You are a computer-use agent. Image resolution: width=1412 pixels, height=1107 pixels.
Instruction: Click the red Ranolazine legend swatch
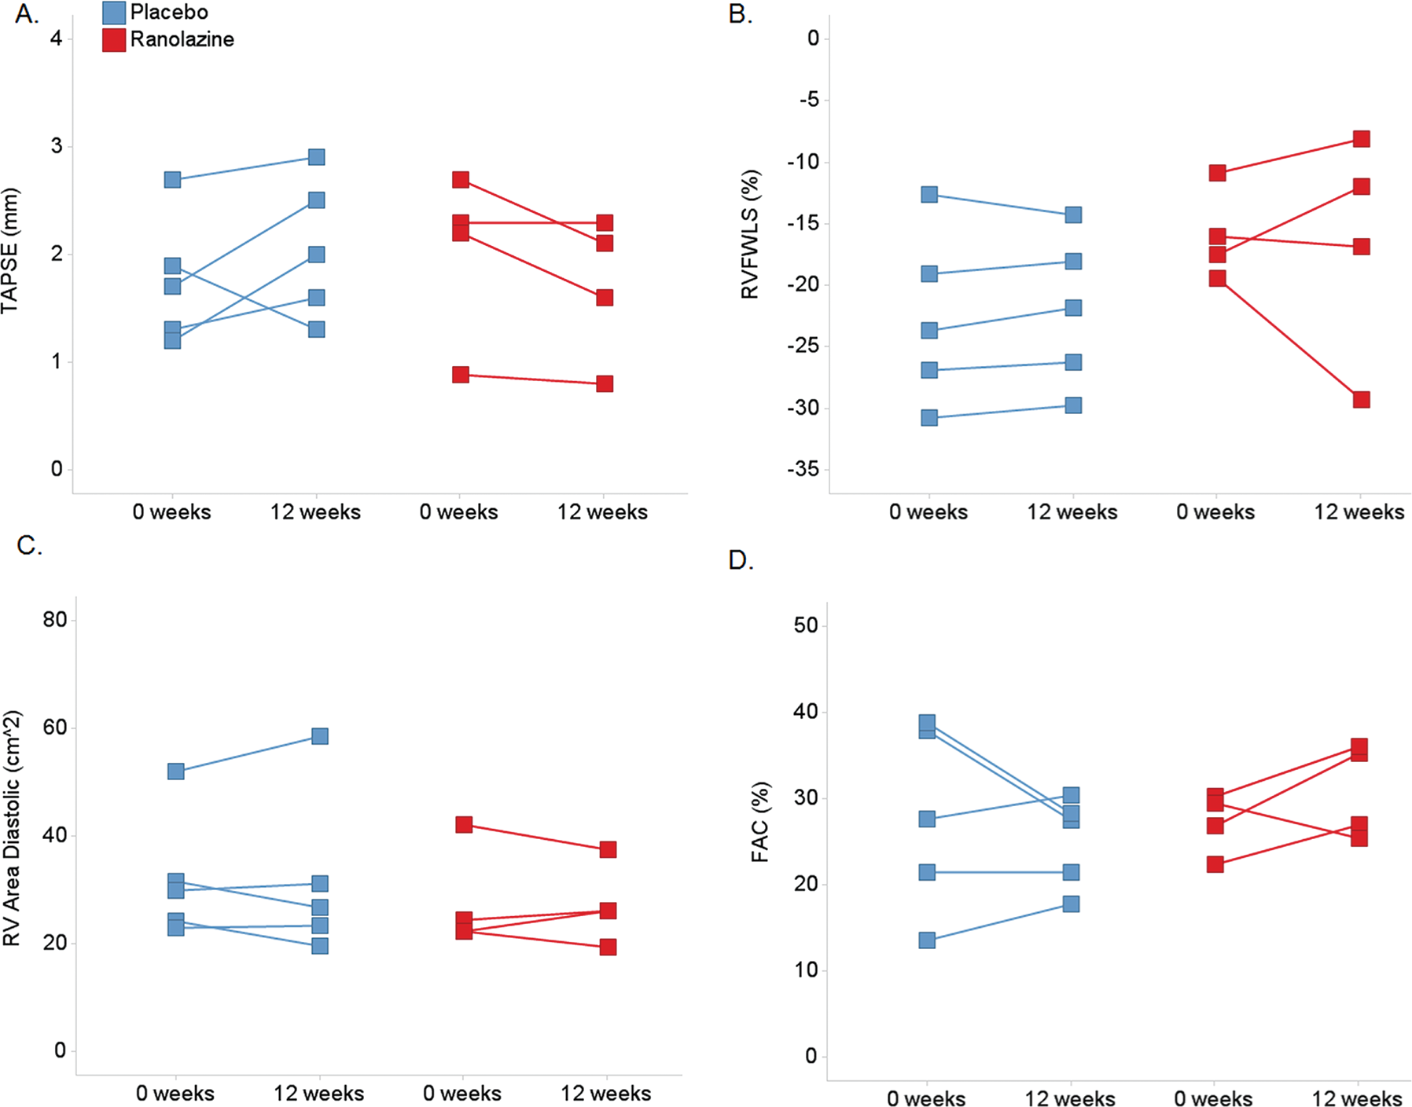coord(114,40)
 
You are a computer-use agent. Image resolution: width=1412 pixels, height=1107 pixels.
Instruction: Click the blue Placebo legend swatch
coord(114,13)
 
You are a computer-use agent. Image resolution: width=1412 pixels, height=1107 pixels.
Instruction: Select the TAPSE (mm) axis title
coord(9,251)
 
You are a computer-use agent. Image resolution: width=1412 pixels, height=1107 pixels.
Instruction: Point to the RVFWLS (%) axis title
coord(750,234)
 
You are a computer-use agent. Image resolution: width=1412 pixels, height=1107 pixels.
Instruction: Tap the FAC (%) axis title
coord(760,822)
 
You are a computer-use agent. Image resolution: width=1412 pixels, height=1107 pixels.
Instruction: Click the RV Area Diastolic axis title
coord(11,829)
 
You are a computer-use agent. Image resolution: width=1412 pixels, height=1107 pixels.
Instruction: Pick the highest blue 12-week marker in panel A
coord(317,157)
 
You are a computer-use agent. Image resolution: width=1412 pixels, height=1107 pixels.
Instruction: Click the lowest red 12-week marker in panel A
coord(605,383)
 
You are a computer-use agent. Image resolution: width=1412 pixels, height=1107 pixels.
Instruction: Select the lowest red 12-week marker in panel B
coord(1362,400)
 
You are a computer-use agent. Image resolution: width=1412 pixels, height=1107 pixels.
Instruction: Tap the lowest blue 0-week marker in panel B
coord(929,417)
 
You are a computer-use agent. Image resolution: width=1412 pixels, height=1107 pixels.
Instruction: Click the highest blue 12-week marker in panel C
coord(320,736)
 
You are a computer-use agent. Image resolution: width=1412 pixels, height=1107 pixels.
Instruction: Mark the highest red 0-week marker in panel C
coord(464,824)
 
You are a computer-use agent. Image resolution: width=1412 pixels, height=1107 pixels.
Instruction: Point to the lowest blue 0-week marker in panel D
coord(928,940)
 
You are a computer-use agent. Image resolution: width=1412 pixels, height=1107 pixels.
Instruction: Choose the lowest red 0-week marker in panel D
coord(1215,864)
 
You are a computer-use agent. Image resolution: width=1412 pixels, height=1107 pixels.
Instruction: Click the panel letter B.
coord(741,14)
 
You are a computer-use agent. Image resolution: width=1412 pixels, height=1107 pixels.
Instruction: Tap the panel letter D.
coord(741,560)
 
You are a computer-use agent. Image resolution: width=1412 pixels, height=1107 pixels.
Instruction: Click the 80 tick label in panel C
coord(55,620)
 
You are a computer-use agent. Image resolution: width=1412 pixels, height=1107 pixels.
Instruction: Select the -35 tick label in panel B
coord(803,469)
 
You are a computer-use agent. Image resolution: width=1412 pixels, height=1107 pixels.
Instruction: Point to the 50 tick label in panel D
coord(807,625)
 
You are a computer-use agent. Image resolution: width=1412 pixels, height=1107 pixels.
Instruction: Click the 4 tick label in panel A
coord(57,38)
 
